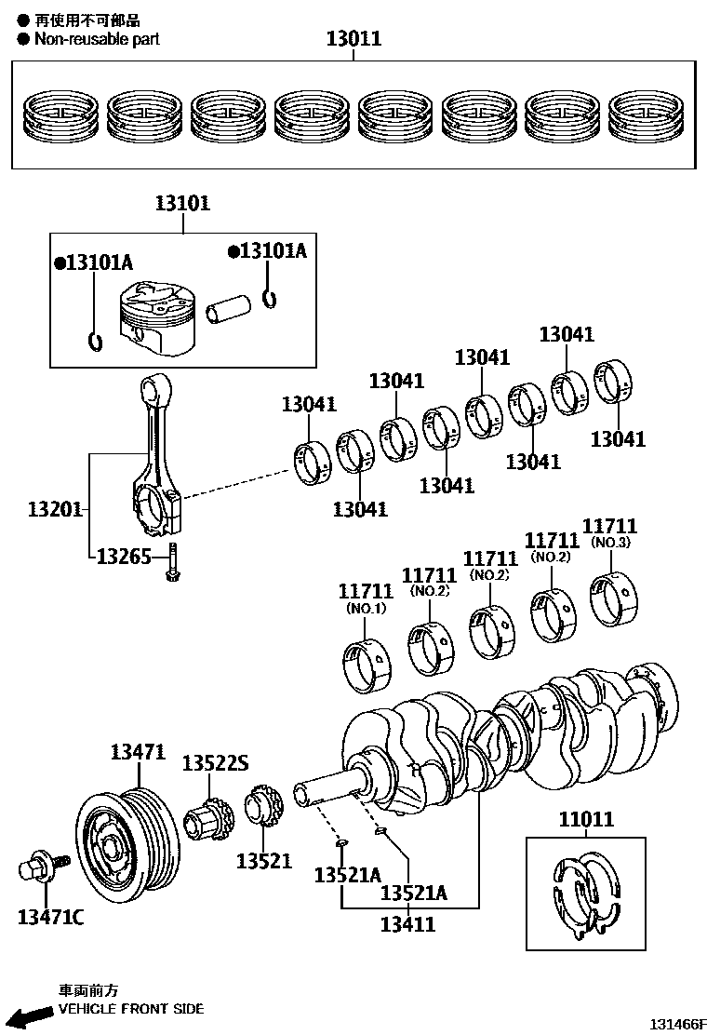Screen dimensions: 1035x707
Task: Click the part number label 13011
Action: click(x=353, y=38)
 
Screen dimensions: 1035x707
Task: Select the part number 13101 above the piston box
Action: click(x=182, y=203)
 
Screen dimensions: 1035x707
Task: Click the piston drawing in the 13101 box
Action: click(x=157, y=318)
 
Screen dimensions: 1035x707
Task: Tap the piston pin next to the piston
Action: click(x=229, y=309)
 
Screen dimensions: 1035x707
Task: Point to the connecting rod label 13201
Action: click(x=55, y=509)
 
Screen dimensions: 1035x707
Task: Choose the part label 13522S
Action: click(x=215, y=763)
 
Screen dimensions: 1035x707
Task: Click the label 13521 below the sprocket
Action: click(x=263, y=861)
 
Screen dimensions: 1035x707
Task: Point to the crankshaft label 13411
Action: click(x=407, y=924)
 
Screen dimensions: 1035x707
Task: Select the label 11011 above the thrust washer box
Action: click(x=586, y=819)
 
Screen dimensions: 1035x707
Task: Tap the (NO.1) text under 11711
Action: click(x=366, y=608)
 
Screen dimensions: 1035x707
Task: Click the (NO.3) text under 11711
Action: click(x=610, y=543)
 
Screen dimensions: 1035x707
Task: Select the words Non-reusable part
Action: click(x=97, y=39)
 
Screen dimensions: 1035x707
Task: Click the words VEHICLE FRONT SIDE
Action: click(x=131, y=1008)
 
